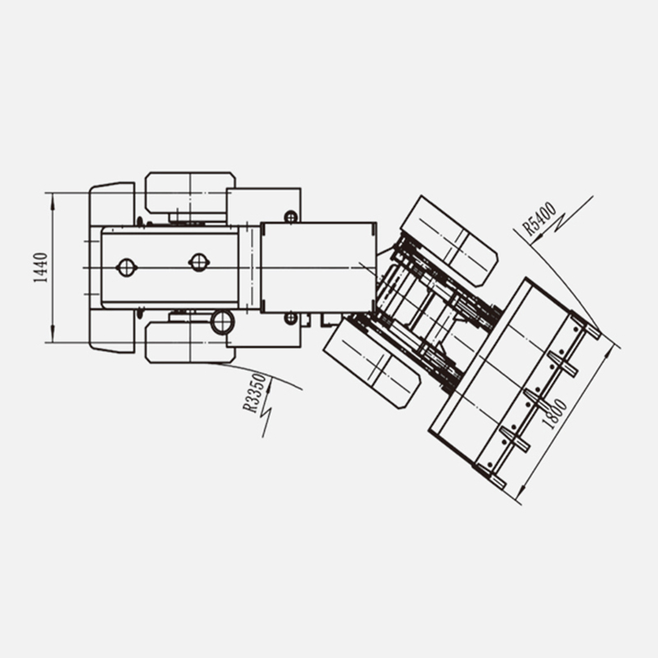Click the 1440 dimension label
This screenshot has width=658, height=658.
[40, 268]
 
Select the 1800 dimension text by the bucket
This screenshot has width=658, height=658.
[554, 414]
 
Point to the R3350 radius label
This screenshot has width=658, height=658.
[255, 393]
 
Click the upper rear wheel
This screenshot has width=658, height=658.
[190, 193]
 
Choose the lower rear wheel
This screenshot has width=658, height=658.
[190, 342]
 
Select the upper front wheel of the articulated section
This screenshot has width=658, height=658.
[449, 241]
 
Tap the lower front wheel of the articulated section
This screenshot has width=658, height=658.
[372, 362]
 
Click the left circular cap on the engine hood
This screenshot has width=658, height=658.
[126, 267]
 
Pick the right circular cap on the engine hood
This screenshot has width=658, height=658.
[198, 262]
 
